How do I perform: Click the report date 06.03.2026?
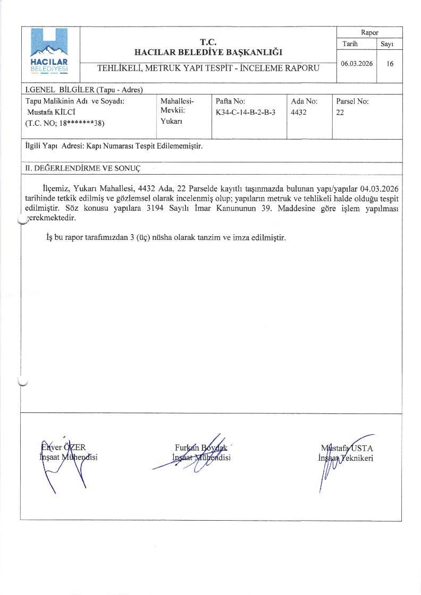coord(357,63)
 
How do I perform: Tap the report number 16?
coord(390,63)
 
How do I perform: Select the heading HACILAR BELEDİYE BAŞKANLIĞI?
coord(208,52)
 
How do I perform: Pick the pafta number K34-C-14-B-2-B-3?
coord(246,113)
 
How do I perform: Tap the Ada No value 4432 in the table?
coord(299,113)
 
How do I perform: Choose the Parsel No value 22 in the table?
coord(340,113)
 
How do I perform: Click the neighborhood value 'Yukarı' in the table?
coord(171,122)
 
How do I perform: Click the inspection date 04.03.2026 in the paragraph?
coord(380,188)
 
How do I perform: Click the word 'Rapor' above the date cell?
coord(369,32)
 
